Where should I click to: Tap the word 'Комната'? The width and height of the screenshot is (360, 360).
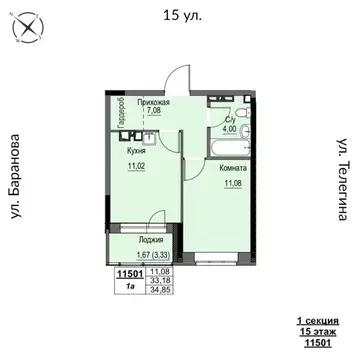point(233,170)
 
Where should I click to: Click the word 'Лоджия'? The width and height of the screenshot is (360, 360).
point(137,241)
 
